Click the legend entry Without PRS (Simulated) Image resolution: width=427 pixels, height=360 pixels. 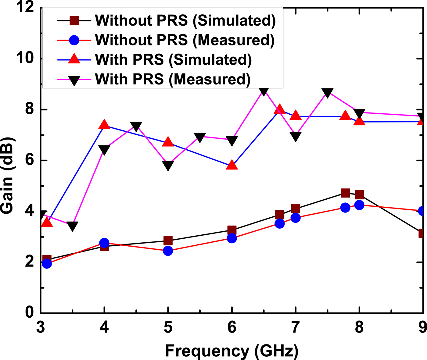coord(185,21)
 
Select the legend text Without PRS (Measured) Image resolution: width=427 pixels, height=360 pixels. coord(185,40)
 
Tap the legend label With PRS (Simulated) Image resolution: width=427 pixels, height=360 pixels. coord(173,60)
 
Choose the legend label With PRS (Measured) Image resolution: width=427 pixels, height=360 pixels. coord(173,79)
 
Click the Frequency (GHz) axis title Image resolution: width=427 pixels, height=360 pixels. coord(232,351)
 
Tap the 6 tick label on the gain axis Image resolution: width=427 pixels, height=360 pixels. coord(30,160)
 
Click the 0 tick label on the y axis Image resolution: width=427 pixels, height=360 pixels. coord(30,313)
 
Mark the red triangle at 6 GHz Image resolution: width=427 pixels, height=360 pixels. coord(232,165)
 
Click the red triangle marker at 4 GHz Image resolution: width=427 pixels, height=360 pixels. coord(104,124)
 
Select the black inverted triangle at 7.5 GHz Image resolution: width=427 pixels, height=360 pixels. coord(327,93)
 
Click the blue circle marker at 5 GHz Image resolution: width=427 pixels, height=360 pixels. coord(168,251)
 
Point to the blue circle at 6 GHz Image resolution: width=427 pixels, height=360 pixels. coord(232,238)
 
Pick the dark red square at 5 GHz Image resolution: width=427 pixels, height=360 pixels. coord(168,241)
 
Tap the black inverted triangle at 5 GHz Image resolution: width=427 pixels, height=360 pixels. coord(168,166)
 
